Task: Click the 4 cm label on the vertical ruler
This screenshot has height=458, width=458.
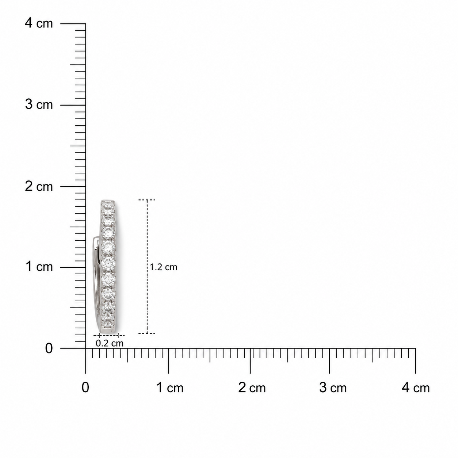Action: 39,23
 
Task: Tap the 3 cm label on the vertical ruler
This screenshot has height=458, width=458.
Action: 39,104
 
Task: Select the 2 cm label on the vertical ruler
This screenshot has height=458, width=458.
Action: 39,187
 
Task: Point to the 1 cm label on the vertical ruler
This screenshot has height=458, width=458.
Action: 39,266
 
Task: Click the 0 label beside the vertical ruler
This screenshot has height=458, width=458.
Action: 49,348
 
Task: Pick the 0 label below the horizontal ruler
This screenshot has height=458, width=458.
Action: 85,388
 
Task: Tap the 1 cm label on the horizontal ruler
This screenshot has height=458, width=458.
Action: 170,388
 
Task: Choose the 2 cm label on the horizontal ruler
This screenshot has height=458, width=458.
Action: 252,388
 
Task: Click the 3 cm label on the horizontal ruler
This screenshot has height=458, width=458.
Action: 333,388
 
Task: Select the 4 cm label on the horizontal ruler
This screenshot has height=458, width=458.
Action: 416,388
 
